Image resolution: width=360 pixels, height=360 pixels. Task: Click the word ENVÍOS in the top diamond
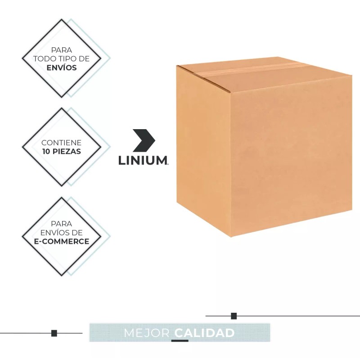62,68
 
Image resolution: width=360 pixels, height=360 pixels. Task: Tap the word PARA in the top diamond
62,50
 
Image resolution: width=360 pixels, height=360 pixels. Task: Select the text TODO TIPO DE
62,59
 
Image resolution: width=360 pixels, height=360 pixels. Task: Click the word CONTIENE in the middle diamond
62,143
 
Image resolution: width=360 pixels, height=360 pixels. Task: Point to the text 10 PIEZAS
62,152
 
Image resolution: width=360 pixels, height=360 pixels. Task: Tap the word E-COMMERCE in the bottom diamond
62,241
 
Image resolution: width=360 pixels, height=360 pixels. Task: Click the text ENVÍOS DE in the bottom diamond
62,232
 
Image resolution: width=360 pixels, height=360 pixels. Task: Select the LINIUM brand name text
143,161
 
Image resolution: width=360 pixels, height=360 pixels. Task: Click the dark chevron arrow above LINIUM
144,140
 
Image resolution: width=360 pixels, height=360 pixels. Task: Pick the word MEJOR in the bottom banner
146,333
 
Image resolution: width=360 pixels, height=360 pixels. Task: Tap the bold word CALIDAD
205,333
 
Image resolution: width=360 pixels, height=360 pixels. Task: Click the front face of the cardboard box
290,153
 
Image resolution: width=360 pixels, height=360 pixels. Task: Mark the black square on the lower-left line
54,333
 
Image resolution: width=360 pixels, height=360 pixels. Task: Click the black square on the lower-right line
234,316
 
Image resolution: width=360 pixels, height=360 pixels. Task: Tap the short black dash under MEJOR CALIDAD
180,341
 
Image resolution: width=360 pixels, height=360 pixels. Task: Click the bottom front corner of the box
231,235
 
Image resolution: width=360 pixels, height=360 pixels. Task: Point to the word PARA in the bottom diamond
62,223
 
